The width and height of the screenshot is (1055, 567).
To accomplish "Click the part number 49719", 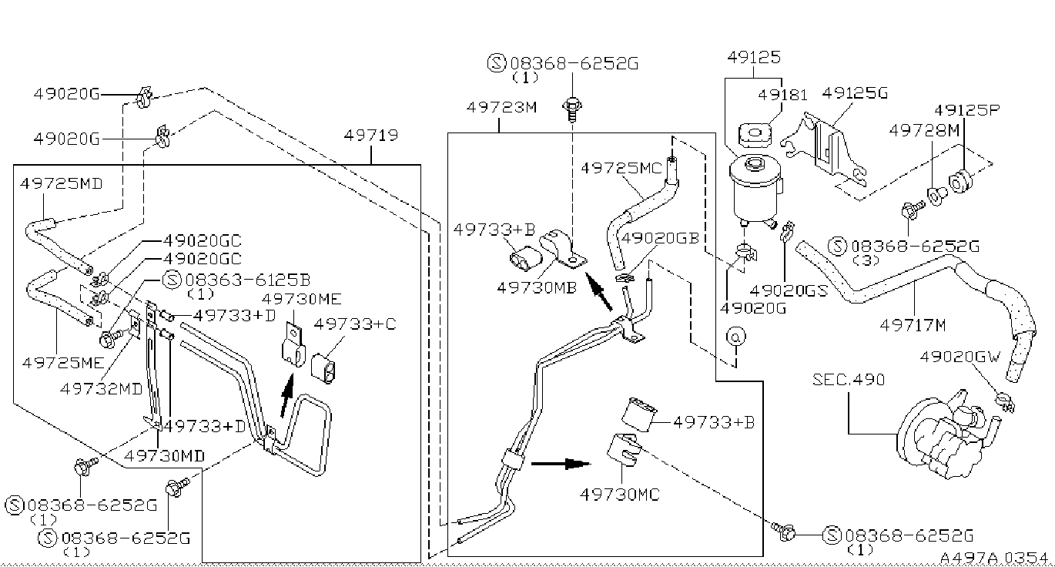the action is [x=370, y=136].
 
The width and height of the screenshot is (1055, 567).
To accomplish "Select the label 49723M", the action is [x=501, y=107].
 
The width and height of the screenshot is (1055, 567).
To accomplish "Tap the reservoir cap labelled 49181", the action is [x=755, y=134].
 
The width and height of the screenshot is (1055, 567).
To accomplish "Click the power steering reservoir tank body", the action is [x=755, y=189].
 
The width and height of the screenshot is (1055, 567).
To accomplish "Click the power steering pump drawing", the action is [x=946, y=434].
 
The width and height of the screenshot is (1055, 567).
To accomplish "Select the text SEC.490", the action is [x=849, y=380].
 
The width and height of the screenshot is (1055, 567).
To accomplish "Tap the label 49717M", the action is [x=913, y=325].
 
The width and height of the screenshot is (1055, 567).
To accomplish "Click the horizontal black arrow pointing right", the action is [x=561, y=464].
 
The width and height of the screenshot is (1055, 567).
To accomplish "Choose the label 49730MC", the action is [x=620, y=495].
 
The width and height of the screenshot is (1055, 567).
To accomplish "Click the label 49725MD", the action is [x=62, y=183].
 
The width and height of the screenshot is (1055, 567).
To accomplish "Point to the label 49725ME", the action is [x=62, y=362].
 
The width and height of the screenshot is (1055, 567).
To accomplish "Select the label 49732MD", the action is [x=101, y=389].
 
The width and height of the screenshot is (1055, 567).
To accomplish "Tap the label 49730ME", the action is [x=301, y=299].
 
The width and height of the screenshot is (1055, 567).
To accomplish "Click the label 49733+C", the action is [x=355, y=324].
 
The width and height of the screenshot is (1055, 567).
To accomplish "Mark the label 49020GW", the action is [x=960, y=357].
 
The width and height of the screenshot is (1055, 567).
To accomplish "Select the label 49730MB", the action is [x=537, y=287].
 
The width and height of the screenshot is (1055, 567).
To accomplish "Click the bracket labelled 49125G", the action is [x=824, y=150].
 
